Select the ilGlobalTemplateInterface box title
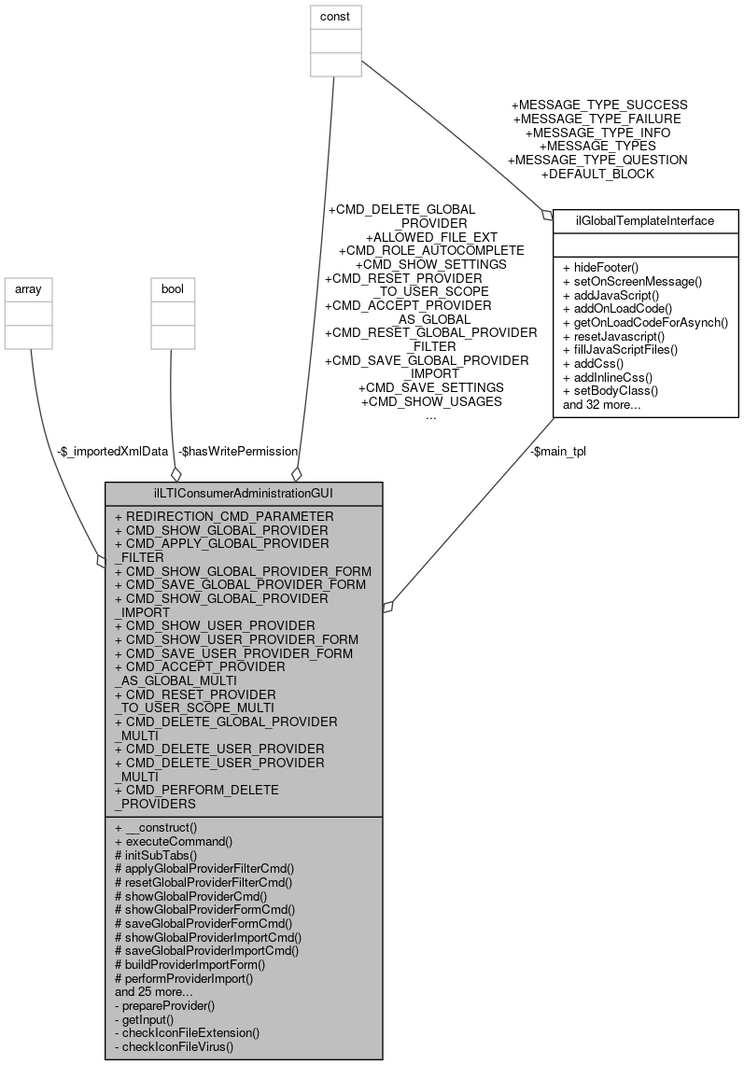coord(646,221)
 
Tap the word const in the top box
coord(336,16)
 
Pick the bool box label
coord(173,289)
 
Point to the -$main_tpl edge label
coord(557,451)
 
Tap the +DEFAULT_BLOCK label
coord(597,174)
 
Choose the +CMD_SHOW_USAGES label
coord(430,401)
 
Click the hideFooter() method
coord(601,267)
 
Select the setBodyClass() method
coord(611,391)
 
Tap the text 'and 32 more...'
coord(602,405)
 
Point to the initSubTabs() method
coord(156,854)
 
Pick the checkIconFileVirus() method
coord(173,1046)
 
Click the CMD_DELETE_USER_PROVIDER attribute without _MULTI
coord(219,749)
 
